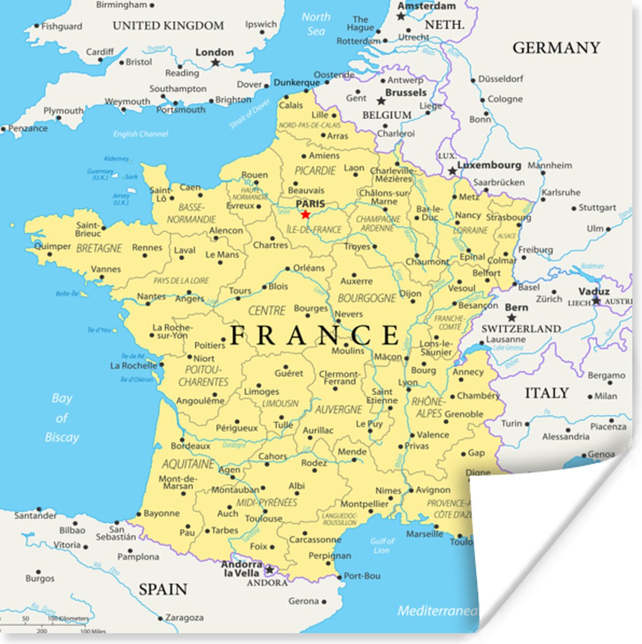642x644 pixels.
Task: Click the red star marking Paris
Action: click(x=305, y=215)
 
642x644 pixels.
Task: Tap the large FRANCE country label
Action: click(x=315, y=335)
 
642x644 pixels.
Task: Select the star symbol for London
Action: click(x=215, y=63)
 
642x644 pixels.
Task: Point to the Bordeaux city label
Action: click(x=190, y=446)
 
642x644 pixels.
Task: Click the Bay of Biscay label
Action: click(x=62, y=418)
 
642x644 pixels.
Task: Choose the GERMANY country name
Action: click(x=556, y=48)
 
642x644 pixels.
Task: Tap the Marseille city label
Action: click(x=425, y=534)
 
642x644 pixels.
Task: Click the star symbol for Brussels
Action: click(x=381, y=101)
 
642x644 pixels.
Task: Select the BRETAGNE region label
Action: click(x=99, y=248)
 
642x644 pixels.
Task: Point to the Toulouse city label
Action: click(x=263, y=518)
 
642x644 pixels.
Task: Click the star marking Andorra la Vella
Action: click(x=269, y=569)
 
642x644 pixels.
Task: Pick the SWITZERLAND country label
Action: click(x=521, y=328)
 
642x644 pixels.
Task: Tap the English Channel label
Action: click(x=141, y=134)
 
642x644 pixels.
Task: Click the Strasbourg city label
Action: click(x=508, y=217)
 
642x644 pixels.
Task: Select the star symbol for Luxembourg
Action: click(x=453, y=171)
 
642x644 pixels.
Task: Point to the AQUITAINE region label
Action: click(x=188, y=464)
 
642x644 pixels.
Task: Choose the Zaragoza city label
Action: click(x=184, y=618)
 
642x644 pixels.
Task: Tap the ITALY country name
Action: click(x=546, y=393)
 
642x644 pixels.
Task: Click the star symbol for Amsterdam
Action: click(x=401, y=16)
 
